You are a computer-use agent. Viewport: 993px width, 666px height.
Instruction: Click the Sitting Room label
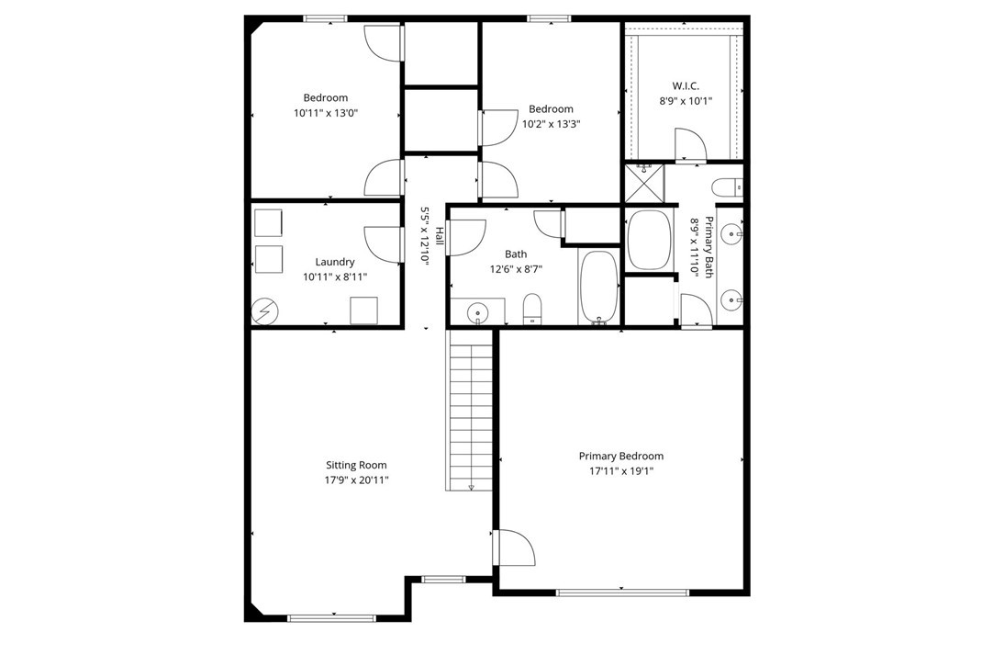click(356, 465)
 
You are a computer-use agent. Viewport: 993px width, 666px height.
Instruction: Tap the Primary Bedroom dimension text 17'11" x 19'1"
click(620, 471)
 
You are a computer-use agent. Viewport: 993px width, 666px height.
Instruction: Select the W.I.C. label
click(686, 85)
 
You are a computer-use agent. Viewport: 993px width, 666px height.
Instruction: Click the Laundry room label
click(335, 262)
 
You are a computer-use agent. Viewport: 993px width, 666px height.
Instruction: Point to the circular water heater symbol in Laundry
click(264, 311)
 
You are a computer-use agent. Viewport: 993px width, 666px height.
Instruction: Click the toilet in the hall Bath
click(532, 309)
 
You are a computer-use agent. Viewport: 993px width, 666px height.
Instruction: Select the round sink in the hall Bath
click(476, 312)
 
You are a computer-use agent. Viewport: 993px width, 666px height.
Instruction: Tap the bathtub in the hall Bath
click(599, 288)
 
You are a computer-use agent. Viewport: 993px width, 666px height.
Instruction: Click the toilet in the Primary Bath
click(727, 188)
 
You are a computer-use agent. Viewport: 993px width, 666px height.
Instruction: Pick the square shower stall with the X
click(644, 183)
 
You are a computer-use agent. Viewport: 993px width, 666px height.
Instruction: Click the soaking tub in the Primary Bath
click(649, 240)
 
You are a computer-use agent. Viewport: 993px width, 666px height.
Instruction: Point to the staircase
click(471, 410)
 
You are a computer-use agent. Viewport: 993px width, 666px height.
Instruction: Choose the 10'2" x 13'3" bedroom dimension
click(551, 124)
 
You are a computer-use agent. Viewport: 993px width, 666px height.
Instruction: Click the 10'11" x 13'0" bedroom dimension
click(326, 113)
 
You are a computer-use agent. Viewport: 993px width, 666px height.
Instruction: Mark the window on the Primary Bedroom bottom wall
click(622, 593)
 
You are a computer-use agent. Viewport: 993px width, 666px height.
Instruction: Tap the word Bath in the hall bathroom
click(516, 254)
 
